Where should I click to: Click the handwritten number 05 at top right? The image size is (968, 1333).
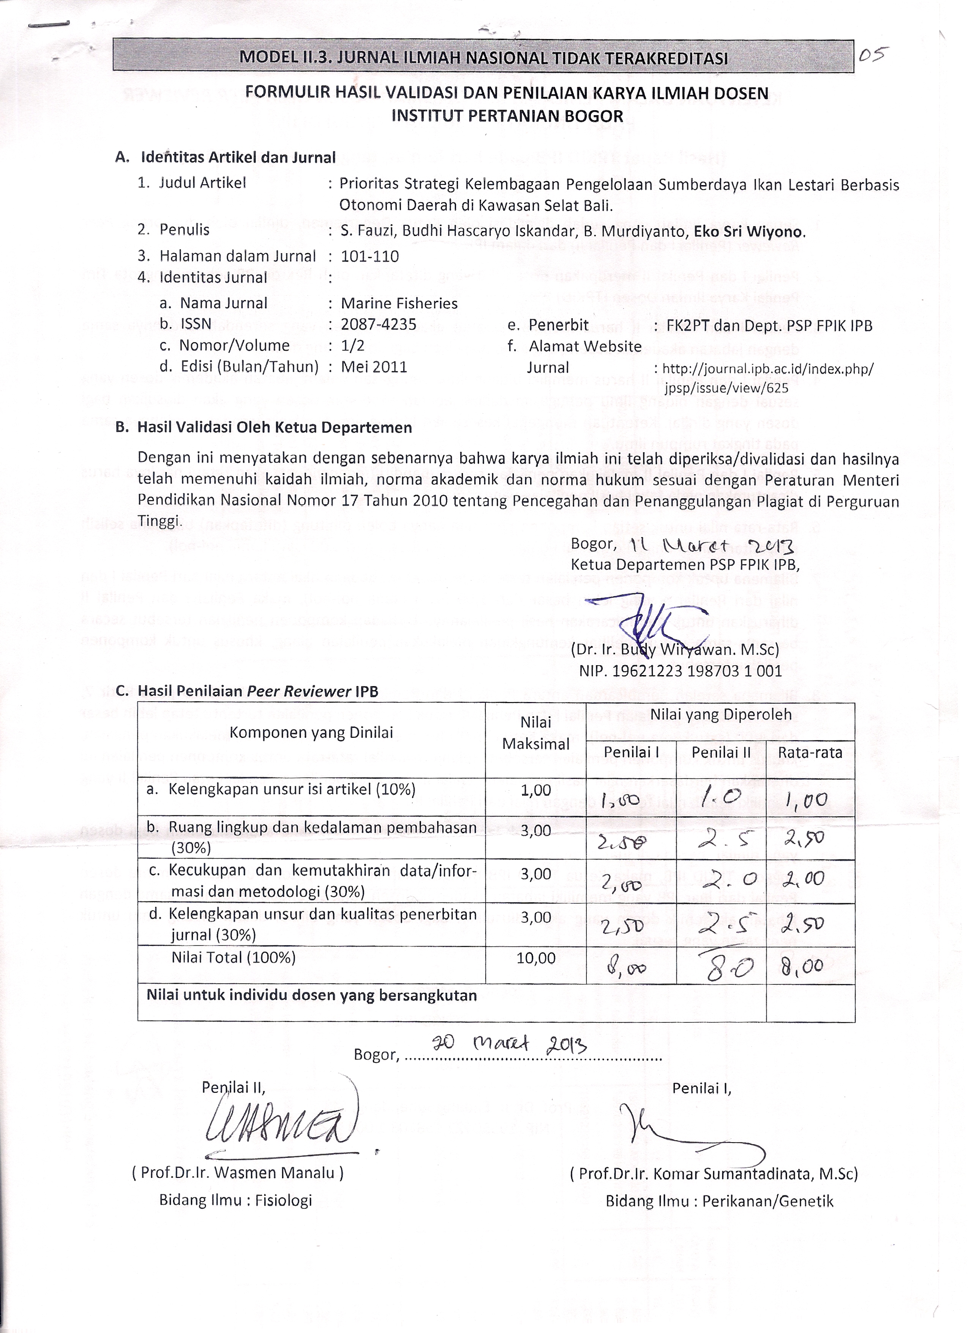click(x=873, y=56)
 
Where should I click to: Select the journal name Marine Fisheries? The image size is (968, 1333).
click(x=399, y=303)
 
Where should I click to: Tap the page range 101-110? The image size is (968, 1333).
click(x=370, y=256)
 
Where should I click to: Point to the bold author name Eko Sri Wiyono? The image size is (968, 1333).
click(x=749, y=231)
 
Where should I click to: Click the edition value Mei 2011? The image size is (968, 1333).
click(x=374, y=367)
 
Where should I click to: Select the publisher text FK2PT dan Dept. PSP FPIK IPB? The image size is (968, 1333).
click(x=769, y=326)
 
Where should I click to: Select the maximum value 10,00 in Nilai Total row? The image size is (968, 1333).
click(x=536, y=958)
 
